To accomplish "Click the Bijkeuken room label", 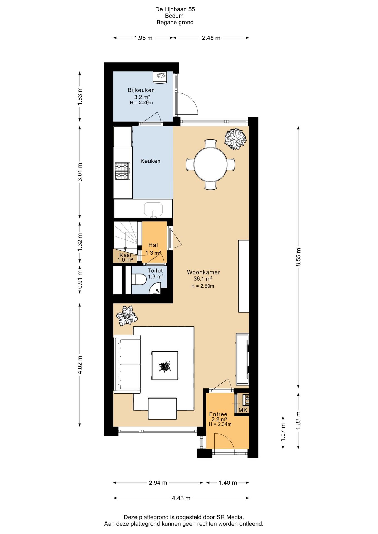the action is tap(141, 90).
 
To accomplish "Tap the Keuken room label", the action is tap(150, 161).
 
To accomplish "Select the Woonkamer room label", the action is tap(203, 272).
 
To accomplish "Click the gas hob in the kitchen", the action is tap(122, 171).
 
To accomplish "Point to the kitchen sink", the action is tap(153, 209).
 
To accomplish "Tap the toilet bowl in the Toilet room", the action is tap(139, 280).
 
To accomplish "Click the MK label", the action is tap(243, 410).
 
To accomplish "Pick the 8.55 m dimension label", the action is tap(298, 257).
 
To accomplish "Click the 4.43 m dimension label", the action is tap(181, 498).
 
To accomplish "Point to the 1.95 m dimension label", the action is tap(143, 38).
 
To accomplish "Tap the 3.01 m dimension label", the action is tap(80, 172).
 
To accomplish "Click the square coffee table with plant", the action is tap(165, 365).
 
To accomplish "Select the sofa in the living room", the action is tap(127, 364).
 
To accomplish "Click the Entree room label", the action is tap(218, 414).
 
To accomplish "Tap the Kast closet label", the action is tap(125, 255).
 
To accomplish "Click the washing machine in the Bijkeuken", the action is tap(160, 77).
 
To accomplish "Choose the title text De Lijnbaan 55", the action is tap(175, 9).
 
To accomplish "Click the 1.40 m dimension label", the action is tap(228, 483).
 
